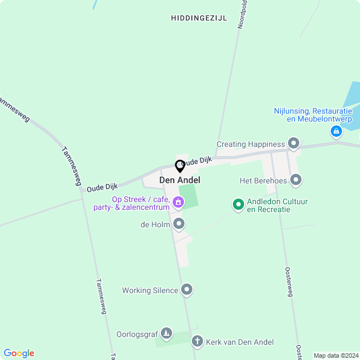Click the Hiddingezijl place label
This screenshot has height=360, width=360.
pos(199,18)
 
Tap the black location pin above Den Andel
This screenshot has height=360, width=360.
pos(180,166)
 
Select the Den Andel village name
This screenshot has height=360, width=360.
pos(180,180)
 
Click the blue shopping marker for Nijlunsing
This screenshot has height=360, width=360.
pos(336,132)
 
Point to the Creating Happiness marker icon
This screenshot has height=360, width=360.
pos(293,144)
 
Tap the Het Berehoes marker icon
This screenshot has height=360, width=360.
pos(296,181)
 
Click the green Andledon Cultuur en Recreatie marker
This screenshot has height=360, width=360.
pos(238,205)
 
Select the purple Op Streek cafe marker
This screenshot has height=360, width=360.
pos(178,202)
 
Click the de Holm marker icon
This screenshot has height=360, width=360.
pos(179,224)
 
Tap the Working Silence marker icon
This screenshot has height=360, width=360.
pos(187,290)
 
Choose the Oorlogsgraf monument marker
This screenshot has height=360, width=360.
pos(166,334)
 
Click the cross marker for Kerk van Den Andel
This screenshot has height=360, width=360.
pos(197,341)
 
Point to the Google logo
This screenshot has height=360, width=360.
pos(19,353)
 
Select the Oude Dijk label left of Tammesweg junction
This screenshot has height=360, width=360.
pos(102,187)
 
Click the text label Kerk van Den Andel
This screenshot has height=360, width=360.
pos(240,342)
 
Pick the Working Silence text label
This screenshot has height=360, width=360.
pos(150,291)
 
